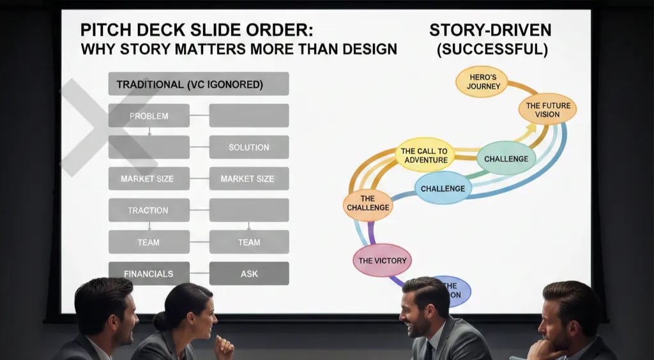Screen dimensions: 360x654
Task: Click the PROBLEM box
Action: pos(149,116)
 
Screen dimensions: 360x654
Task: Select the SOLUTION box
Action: pos(248,147)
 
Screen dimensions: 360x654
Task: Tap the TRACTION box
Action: pos(149,210)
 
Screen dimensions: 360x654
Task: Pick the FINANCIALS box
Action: pos(149,273)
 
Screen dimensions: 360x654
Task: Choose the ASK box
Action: pos(248,273)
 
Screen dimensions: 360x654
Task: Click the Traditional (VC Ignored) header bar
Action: pos(198,84)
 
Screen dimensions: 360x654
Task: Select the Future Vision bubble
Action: pos(547,110)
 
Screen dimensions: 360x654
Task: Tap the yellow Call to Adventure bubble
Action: pos(425,155)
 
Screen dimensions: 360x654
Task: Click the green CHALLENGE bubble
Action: pos(506,158)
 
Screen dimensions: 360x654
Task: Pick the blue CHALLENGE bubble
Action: pos(443,188)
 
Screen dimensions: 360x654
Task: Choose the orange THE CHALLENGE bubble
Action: pos(368,203)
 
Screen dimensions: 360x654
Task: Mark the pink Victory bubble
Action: pos(382,260)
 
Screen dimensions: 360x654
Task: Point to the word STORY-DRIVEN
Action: pos(489,31)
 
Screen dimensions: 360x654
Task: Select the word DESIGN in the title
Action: pos(362,49)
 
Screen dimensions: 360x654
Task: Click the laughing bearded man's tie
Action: pos(427,350)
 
